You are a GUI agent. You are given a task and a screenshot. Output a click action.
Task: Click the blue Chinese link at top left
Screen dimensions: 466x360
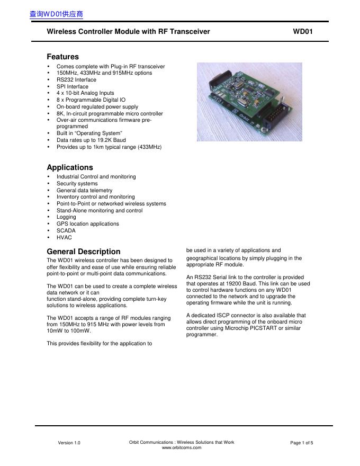(x=57, y=14)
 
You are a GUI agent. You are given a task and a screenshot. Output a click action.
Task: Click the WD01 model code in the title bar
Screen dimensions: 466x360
(x=303, y=32)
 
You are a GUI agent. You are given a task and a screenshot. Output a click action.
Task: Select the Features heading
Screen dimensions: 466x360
(x=62, y=57)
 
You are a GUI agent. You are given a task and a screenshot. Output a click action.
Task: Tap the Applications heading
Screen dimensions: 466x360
(x=70, y=167)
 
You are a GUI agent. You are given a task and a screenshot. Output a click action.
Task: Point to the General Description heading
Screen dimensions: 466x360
(x=84, y=252)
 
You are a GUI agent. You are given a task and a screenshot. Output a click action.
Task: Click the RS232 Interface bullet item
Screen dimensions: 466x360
(x=76, y=80)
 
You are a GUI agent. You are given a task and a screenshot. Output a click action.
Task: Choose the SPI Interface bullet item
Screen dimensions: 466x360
(x=73, y=86)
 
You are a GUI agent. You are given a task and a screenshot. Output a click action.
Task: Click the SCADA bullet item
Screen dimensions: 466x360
(x=66, y=231)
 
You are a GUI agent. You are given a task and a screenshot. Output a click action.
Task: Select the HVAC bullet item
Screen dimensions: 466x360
(x=64, y=238)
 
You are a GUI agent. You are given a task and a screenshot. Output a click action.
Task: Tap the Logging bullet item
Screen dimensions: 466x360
(x=66, y=217)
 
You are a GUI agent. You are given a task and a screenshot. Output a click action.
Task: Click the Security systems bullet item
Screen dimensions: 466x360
(x=77, y=184)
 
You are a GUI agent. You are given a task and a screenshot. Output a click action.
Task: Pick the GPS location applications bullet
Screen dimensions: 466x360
(x=88, y=224)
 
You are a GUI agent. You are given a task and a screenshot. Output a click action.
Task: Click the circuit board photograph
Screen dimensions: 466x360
(x=249, y=102)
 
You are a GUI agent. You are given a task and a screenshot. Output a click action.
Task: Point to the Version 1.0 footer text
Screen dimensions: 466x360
(x=69, y=443)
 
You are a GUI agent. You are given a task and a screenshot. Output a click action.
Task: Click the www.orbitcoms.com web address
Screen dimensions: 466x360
(x=182, y=448)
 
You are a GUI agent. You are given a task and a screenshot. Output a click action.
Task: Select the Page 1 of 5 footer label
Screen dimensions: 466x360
(x=302, y=443)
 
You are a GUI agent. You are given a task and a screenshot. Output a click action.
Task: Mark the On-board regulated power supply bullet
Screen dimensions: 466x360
(x=97, y=106)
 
